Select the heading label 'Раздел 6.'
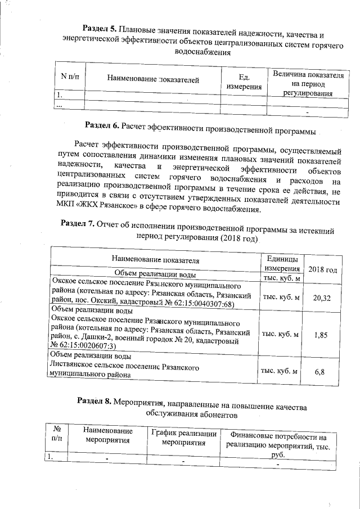(x=101, y=124)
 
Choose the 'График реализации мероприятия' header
(x=184, y=438)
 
